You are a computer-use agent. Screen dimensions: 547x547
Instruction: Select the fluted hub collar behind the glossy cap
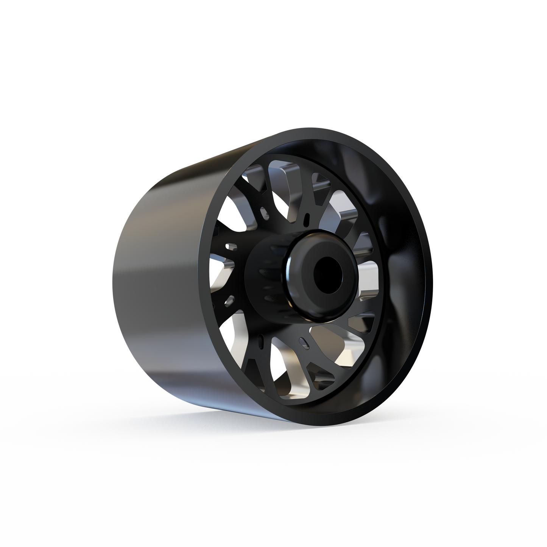coord(265,273)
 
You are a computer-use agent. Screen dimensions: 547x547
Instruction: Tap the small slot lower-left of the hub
coord(228,301)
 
